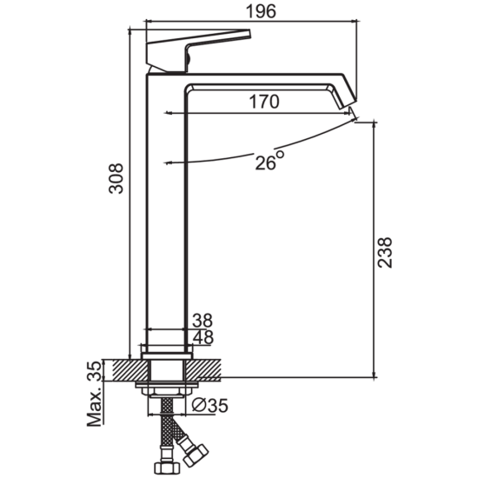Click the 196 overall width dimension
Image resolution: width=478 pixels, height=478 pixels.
coord(261,11)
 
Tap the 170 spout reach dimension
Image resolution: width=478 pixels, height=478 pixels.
coord(264,102)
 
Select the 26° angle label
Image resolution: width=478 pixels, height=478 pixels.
coord(269,160)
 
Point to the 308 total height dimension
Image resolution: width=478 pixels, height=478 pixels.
coord(116,178)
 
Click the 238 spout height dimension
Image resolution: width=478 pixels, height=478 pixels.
coord(384,252)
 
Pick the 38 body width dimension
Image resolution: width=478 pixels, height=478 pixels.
coord(202,321)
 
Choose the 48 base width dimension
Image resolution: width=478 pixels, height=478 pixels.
coord(203,338)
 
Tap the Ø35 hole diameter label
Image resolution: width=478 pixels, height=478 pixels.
coord(210,406)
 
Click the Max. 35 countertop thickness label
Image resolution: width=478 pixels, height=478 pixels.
coord(94,393)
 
